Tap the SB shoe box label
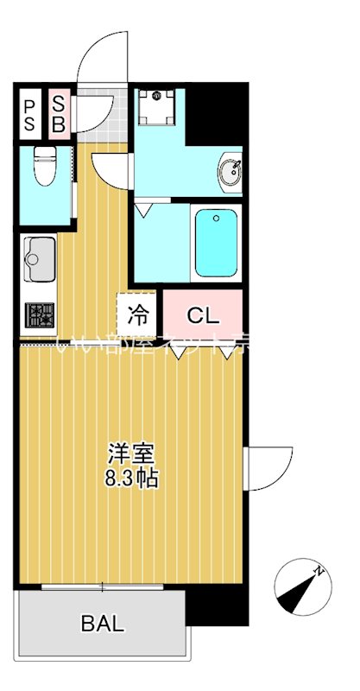click(x=59, y=115)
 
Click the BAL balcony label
click(x=103, y=623)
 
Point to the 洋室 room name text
click(x=130, y=453)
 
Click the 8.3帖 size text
click(x=132, y=479)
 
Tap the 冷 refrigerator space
click(x=138, y=315)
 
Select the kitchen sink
click(x=39, y=257)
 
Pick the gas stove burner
click(x=40, y=315)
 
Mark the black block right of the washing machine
click(x=216, y=112)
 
